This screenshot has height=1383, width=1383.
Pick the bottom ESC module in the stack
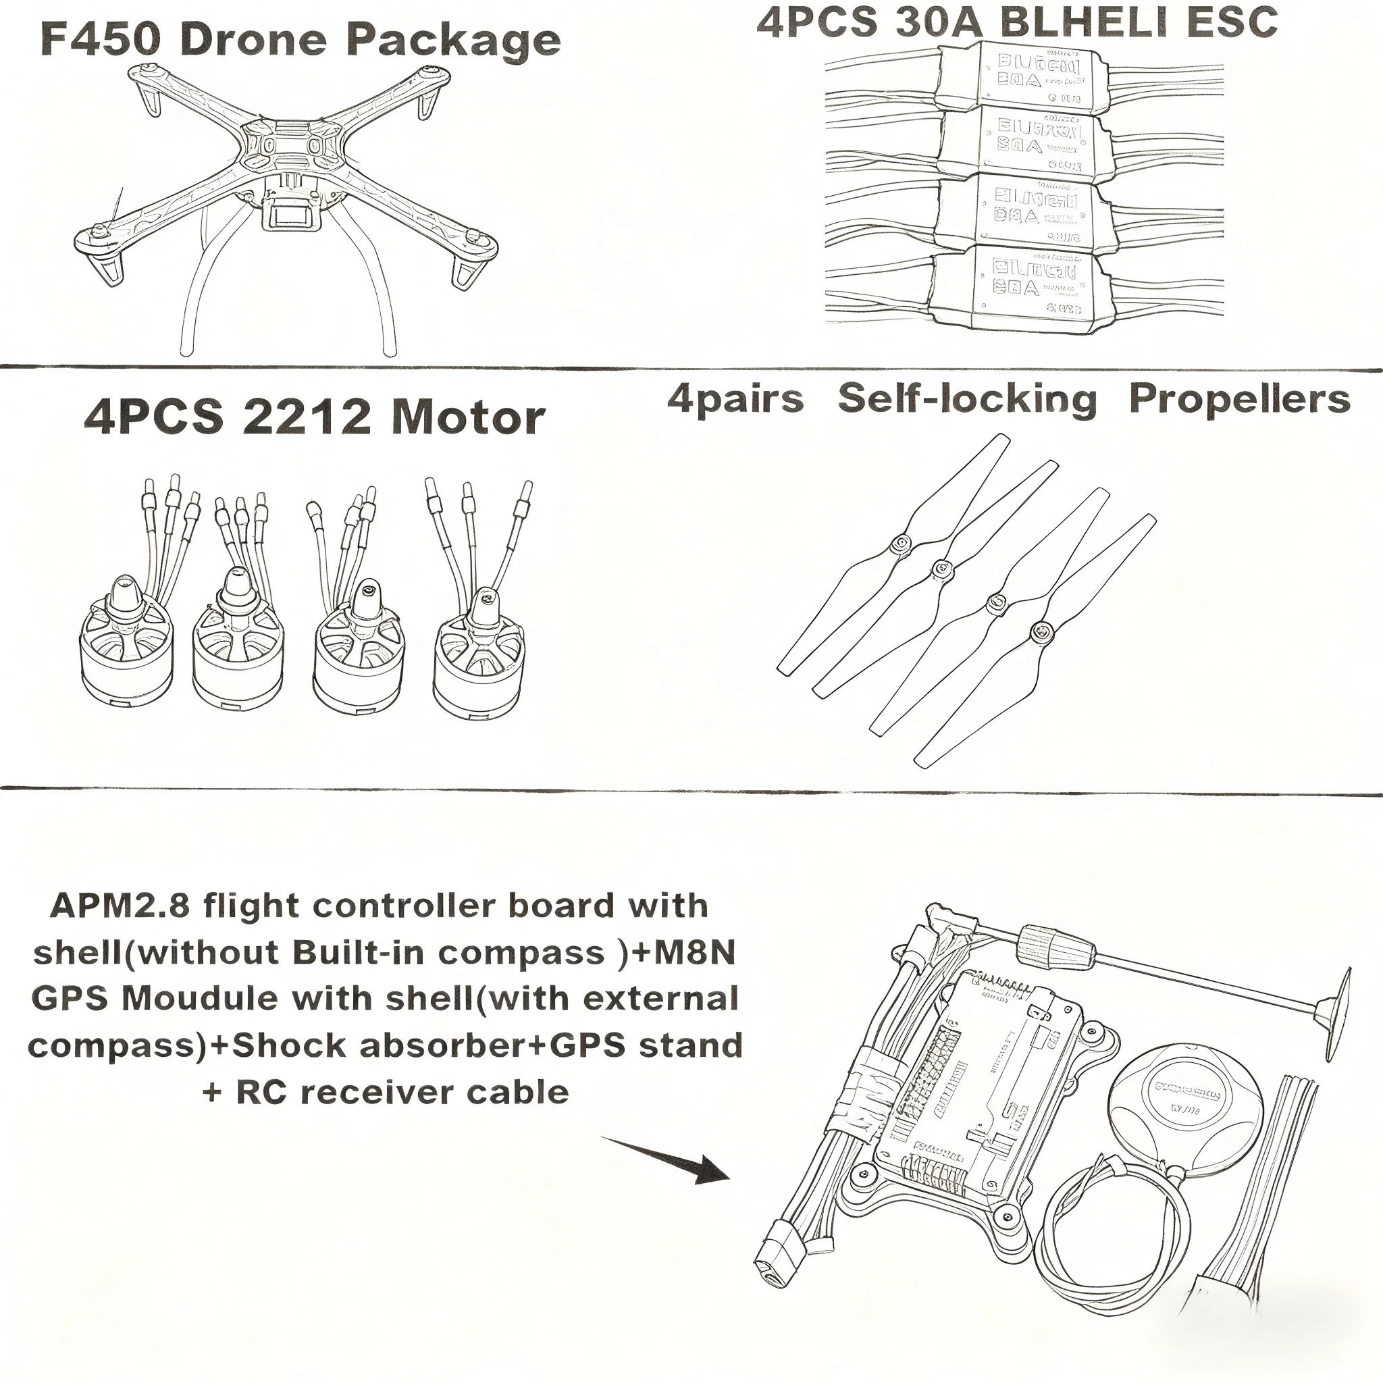pyautogui.click(x=1022, y=288)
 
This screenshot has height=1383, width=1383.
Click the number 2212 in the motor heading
pyautogui.click(x=308, y=417)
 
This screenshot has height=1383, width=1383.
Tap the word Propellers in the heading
pyautogui.click(x=1239, y=398)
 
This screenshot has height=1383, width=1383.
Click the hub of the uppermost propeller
pyautogui.click(x=902, y=545)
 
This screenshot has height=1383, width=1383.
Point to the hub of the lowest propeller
pyautogui.click(x=1041, y=631)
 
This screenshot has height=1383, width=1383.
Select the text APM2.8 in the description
pyautogui.click(x=120, y=906)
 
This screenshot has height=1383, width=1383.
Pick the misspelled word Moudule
pyautogui.click(x=200, y=999)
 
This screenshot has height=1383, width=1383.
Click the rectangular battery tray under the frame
pyautogui.click(x=291, y=214)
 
